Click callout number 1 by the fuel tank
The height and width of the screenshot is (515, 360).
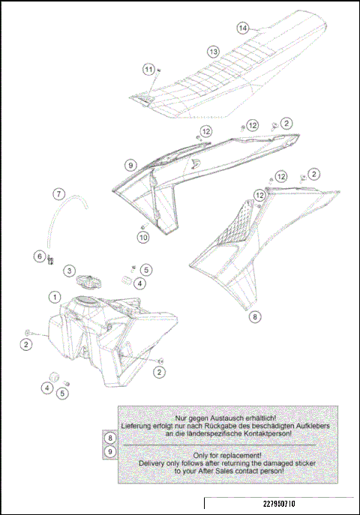coord(55,297)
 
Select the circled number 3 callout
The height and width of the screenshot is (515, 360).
coord(68,270)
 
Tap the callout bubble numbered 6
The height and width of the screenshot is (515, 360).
coord(39,256)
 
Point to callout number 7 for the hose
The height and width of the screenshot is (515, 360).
coord(58,193)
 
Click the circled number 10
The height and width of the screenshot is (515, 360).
coord(143,238)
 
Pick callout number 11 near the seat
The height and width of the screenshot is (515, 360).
coord(148,69)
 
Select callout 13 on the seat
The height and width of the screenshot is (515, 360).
coord(213,51)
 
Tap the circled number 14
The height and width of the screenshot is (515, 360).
coord(242,28)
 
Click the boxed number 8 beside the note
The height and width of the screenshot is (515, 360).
coord(110,437)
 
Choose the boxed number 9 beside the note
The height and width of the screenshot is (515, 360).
coord(110,451)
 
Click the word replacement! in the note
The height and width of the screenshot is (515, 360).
coord(242,455)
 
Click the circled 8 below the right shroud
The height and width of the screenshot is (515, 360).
coord(255,316)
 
